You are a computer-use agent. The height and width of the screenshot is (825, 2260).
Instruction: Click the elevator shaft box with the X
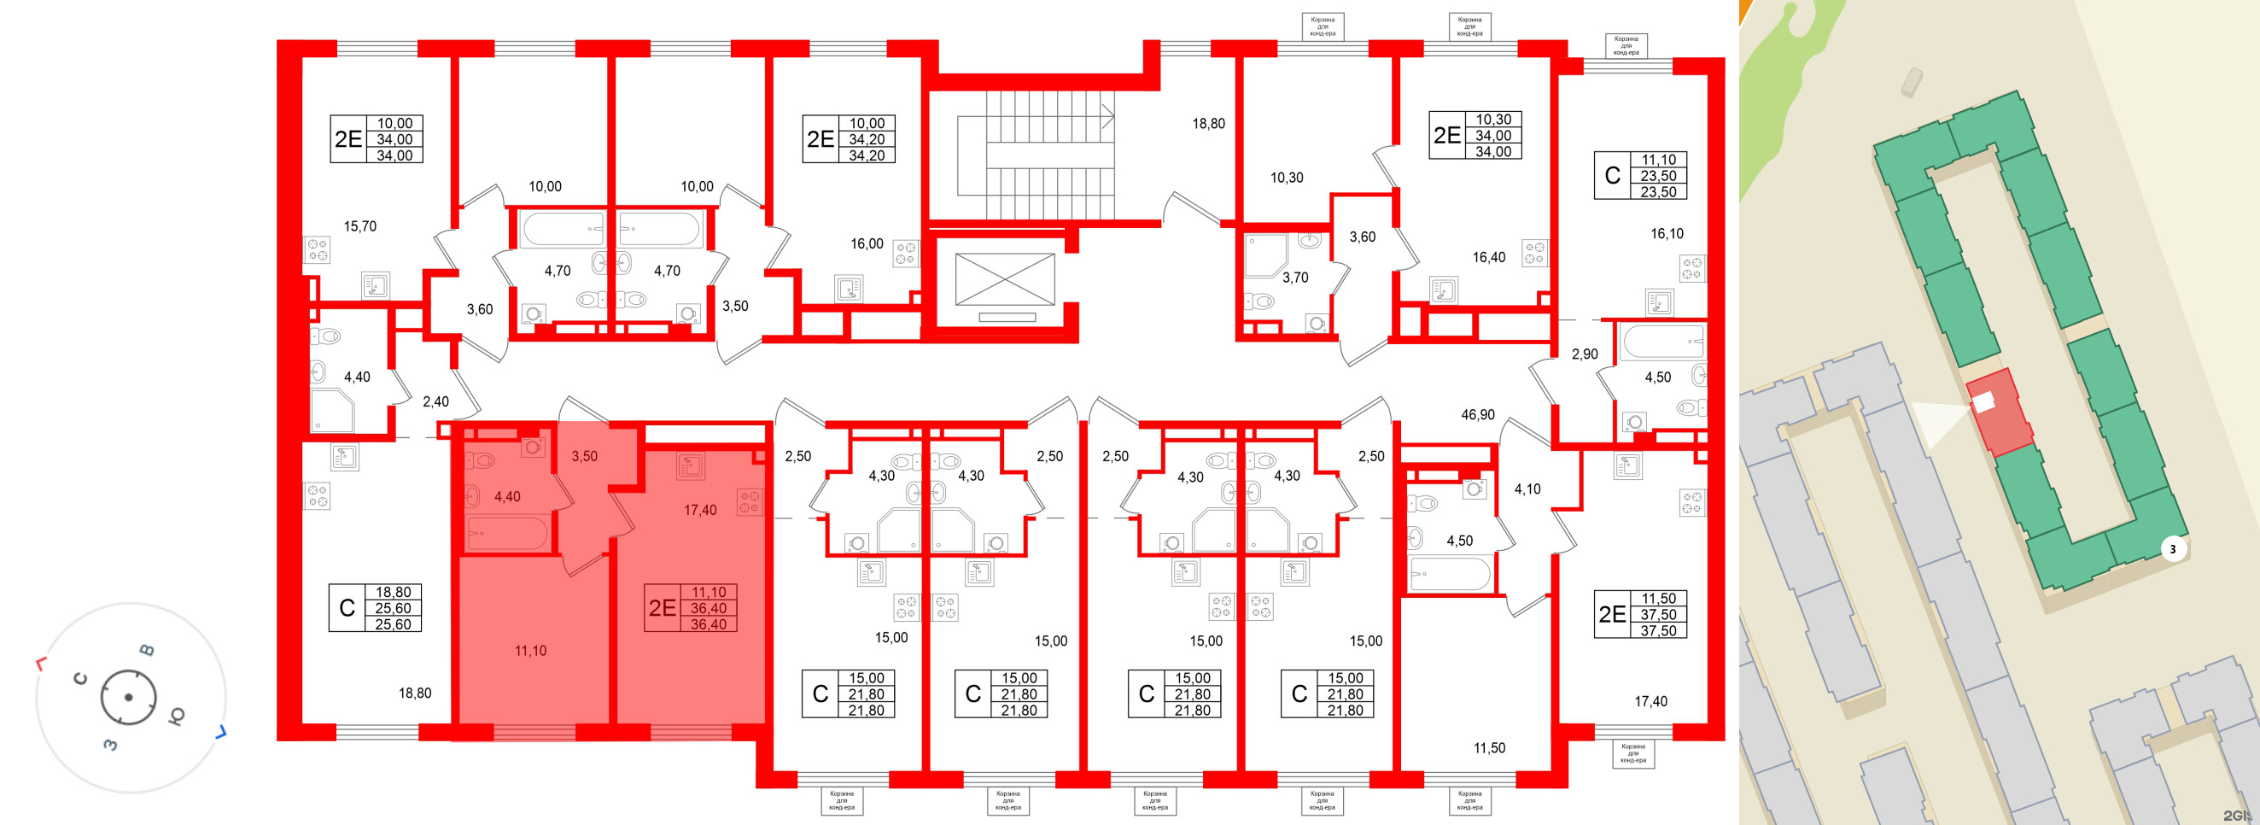[1005, 280]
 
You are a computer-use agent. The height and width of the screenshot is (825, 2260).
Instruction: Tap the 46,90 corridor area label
[1477, 414]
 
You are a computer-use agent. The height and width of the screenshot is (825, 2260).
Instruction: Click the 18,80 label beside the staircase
[1208, 124]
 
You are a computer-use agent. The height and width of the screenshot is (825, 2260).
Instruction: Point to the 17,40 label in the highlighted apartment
[700, 510]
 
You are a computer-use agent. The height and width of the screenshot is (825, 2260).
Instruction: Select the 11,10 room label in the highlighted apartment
[530, 650]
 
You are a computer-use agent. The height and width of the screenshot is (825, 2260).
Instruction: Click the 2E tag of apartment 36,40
[663, 608]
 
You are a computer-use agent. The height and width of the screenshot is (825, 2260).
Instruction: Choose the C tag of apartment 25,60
[347, 608]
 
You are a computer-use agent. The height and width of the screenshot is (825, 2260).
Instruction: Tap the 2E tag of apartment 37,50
[1612, 614]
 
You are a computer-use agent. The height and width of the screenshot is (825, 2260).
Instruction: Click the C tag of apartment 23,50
[1612, 176]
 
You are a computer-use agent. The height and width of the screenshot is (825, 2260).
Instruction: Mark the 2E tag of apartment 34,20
[820, 139]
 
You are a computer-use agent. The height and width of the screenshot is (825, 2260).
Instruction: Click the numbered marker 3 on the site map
[2172, 550]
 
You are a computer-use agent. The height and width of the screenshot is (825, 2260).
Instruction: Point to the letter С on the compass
[80, 678]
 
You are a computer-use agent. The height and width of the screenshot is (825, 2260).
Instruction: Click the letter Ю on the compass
[177, 716]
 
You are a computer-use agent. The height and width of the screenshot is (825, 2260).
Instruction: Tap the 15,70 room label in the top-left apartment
[359, 226]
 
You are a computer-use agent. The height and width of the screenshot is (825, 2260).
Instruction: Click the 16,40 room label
[1488, 257]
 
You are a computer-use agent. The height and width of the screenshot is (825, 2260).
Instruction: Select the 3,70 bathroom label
[1295, 278]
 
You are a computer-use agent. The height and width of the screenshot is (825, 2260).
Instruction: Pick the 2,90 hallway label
[1585, 354]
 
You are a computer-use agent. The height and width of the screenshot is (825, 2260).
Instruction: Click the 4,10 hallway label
[1527, 489]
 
